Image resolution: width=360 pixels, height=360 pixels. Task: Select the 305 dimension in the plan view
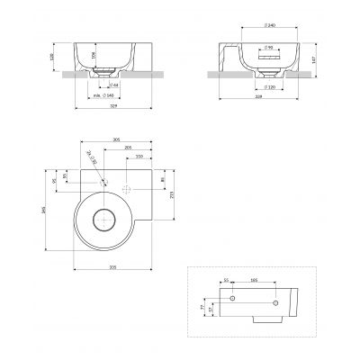[118, 139]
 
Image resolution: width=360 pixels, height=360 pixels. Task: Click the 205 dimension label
[130, 148]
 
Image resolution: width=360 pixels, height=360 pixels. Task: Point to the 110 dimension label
[138, 157]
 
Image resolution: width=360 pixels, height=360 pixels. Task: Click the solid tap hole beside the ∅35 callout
[104, 183]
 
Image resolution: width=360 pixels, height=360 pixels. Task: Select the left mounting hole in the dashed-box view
[232, 298]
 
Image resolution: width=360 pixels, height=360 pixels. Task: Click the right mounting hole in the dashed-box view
[291, 298]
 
